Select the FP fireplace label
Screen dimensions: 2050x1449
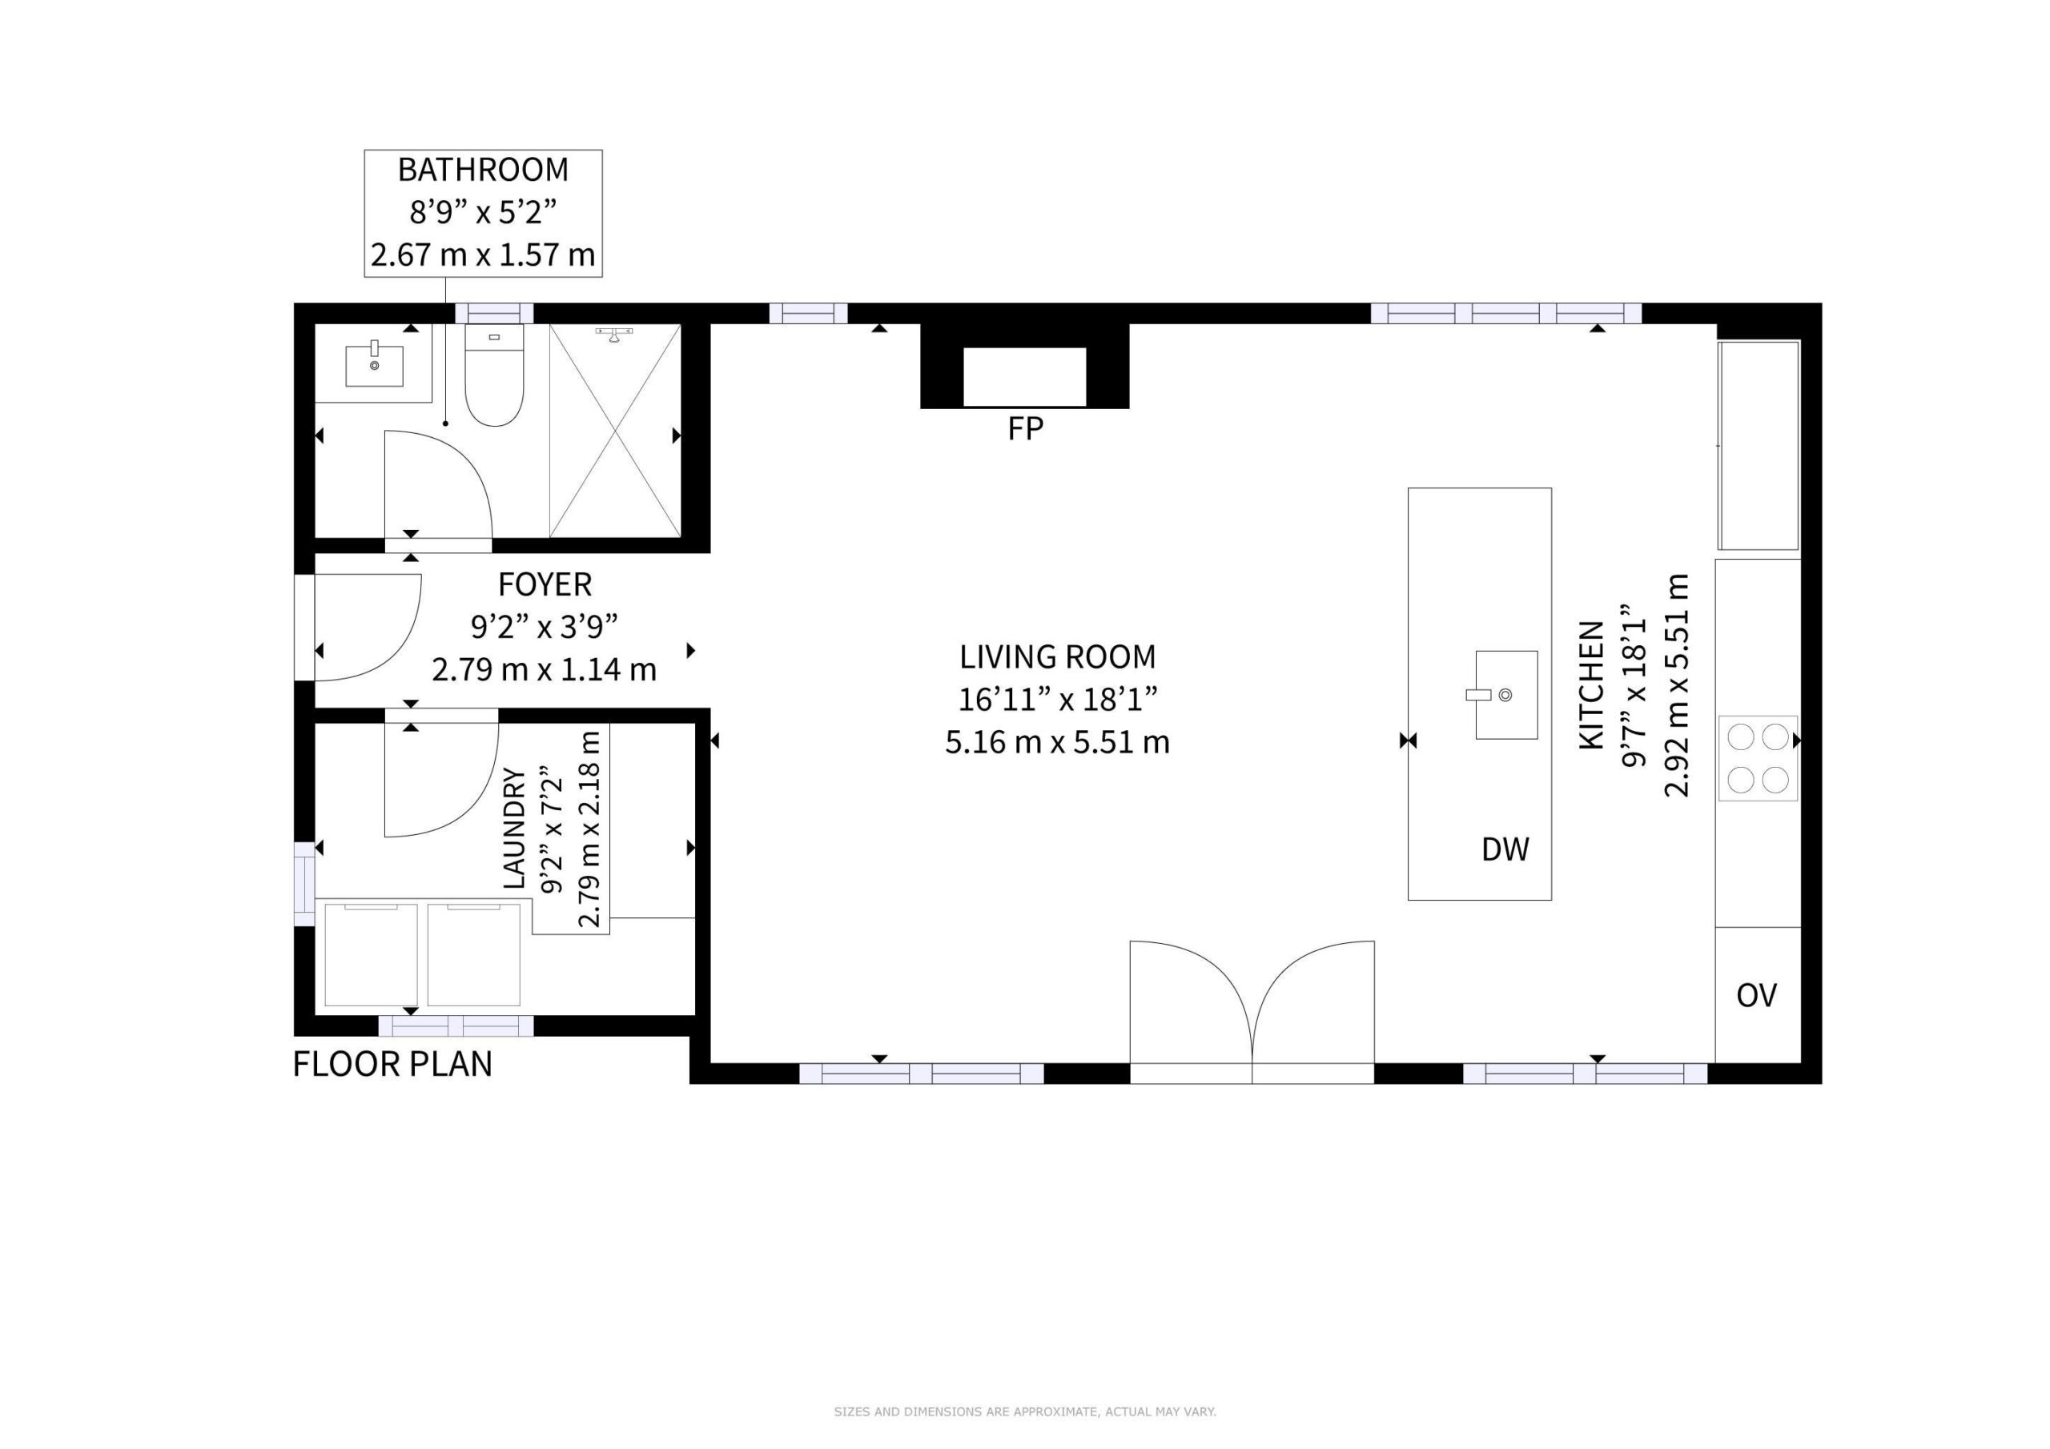coord(1025,429)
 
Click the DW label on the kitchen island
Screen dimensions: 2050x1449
coord(1505,849)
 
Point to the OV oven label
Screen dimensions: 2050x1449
coord(1756,994)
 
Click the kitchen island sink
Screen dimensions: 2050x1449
coord(1505,695)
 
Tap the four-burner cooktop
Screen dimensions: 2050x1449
coord(1757,758)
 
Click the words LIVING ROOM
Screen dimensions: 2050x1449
coord(1057,657)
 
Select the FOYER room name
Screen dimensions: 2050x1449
coord(545,584)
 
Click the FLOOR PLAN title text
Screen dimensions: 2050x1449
coord(393,1064)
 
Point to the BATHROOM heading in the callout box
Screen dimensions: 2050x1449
coord(483,169)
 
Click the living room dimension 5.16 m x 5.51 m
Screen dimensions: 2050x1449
coord(1057,742)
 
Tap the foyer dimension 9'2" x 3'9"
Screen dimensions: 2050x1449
coord(545,627)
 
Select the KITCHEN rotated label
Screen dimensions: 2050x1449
coord(1592,697)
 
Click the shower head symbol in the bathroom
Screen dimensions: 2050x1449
coord(614,335)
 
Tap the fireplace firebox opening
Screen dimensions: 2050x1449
coord(1024,376)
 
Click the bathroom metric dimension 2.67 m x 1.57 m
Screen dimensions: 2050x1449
coord(483,255)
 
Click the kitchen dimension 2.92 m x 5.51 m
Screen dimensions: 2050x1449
coord(1677,684)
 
